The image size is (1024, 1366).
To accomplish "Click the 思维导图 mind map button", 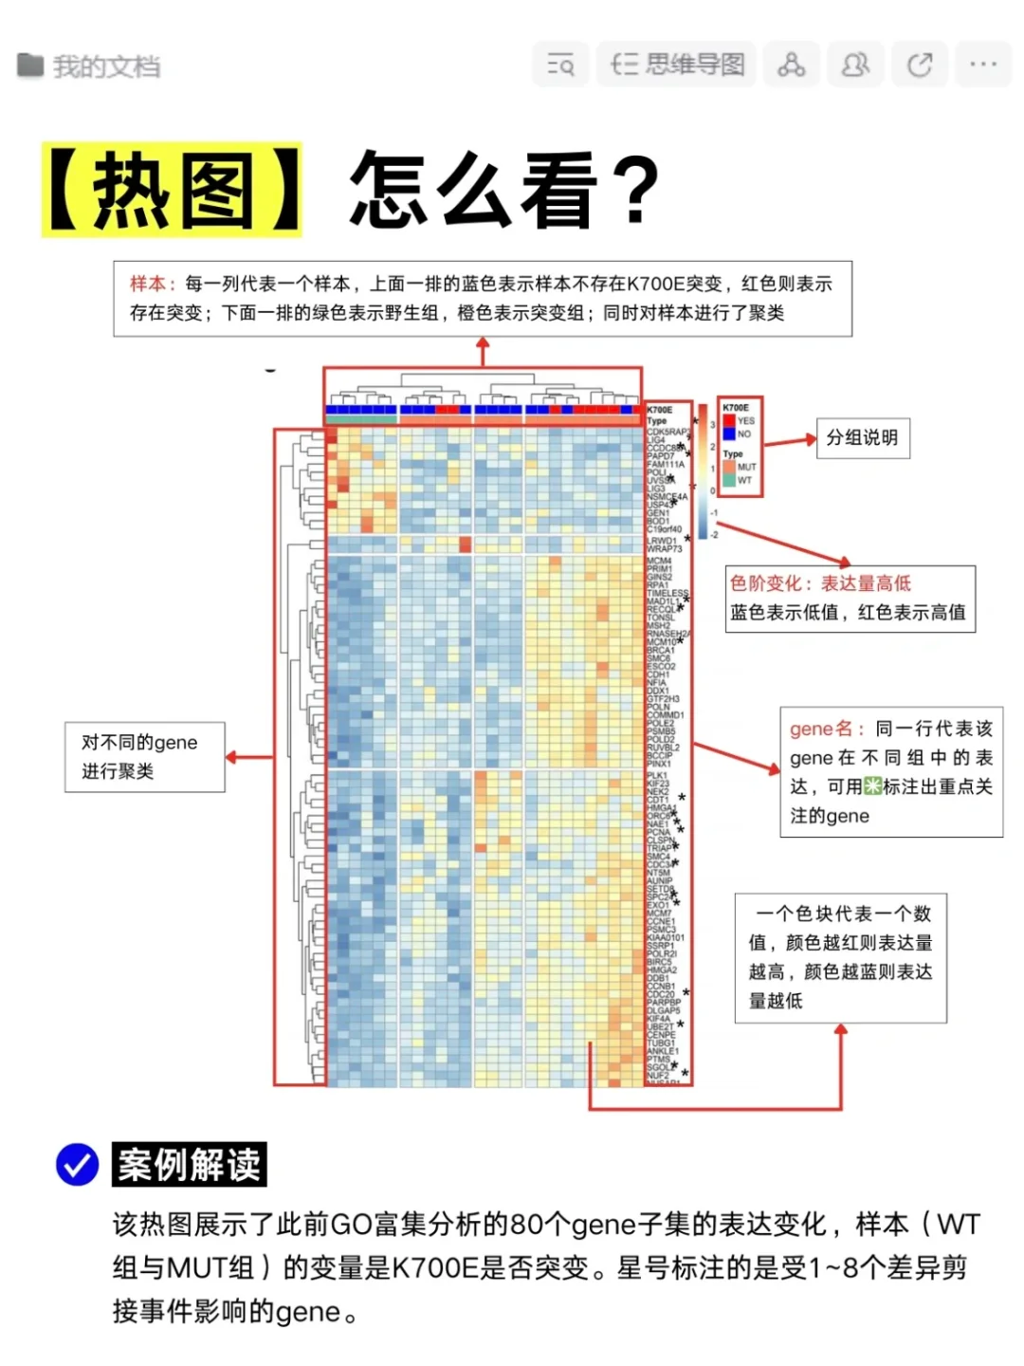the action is pos(677,65).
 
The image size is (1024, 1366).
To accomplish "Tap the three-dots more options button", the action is pos(983,65).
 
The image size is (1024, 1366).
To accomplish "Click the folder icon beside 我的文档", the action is pos(30,65).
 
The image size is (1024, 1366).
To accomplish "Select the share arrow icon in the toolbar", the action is pos(919,65).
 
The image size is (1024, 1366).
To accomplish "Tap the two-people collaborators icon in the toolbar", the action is pos(855,65).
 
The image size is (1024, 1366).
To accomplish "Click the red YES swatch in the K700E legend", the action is pos(729,420).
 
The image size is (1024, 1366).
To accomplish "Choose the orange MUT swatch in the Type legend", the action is pos(729,467).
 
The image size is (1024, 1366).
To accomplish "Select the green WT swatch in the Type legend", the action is pos(729,480).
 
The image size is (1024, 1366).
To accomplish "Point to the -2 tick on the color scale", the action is pos(714,535).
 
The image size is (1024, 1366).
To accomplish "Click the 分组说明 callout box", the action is pos(863,438).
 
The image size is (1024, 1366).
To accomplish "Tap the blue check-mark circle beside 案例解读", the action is pos(78,1164).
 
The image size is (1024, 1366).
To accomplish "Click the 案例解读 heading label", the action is pos(189,1165).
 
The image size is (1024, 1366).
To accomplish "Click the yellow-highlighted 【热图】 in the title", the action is pos(172,190).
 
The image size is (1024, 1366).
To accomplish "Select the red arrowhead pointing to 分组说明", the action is pos(810,439).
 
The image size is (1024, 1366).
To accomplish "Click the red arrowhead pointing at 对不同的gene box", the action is pos(232,757).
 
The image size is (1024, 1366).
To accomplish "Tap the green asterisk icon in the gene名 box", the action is pos(872,786).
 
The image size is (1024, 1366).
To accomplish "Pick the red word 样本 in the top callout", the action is pos(148,284).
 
